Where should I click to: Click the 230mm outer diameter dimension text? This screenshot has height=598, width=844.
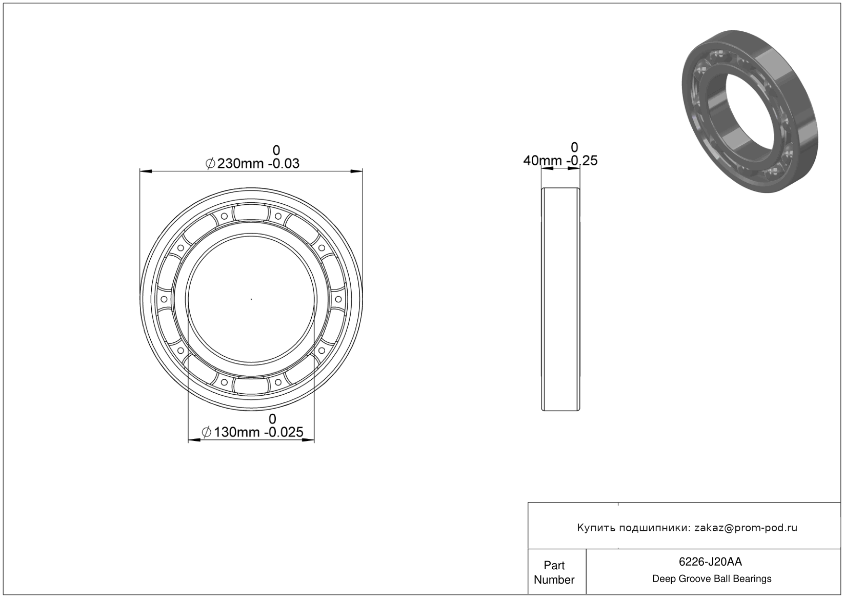click(x=240, y=164)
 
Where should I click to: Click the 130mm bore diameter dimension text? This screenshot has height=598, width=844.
click(x=237, y=432)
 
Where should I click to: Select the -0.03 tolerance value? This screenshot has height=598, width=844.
click(x=284, y=164)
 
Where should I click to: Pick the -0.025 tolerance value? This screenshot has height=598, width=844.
click(x=284, y=432)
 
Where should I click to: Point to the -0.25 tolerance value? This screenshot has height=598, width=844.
click(x=582, y=161)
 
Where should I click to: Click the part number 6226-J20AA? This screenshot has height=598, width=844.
click(x=710, y=562)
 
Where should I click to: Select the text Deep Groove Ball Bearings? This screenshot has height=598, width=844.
click(x=712, y=579)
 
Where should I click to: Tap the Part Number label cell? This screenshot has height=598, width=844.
click(x=554, y=572)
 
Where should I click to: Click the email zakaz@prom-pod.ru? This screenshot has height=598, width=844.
click(x=746, y=528)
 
